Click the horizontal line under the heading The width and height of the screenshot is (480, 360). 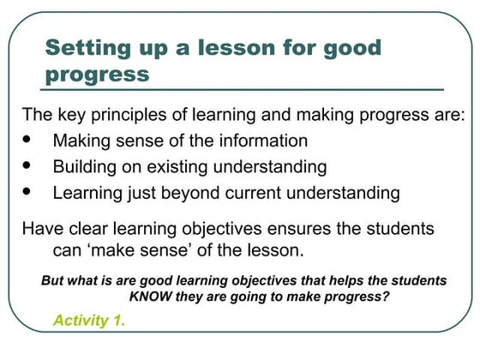(243, 89)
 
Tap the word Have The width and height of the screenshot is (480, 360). (41, 230)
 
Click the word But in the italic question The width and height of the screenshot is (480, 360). (54, 280)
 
